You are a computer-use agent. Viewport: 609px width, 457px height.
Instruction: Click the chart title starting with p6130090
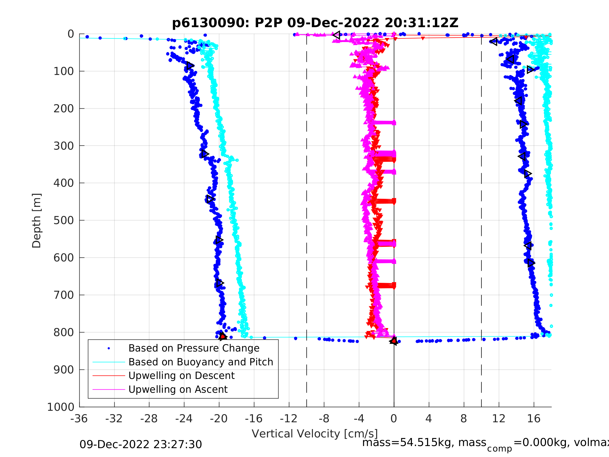315,23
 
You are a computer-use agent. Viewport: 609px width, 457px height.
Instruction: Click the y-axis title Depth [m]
37,221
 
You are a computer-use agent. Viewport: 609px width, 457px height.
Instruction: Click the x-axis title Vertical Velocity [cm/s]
315,434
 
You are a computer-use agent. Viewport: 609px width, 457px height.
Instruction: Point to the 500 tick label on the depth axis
64,221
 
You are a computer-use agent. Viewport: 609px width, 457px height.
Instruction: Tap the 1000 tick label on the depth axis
61,407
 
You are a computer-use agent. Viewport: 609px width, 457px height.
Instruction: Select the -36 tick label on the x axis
79,419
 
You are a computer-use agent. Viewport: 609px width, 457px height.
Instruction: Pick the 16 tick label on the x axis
534,419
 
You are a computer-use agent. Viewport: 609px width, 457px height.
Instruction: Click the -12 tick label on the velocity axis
288,419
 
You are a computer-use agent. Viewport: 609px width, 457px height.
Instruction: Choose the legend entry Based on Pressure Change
194,348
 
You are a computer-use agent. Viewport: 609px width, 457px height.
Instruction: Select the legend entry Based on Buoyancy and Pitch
201,362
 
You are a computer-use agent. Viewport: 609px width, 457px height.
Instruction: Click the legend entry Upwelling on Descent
181,376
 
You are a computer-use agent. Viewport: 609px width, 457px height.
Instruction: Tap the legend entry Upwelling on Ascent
178,390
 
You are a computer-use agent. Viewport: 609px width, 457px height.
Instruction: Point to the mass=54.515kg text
424,443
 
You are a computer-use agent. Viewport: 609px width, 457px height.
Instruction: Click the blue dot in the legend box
109,348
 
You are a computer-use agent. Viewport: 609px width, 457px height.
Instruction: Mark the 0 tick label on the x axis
394,419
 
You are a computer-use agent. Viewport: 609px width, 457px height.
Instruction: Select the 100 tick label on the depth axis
64,72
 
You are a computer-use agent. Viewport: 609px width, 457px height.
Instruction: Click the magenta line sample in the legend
109,390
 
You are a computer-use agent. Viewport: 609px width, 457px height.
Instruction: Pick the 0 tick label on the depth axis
71,34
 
